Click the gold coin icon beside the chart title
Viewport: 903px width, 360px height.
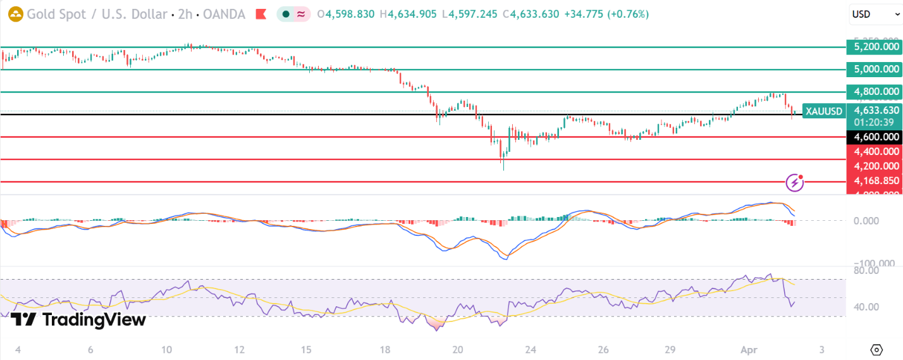(15, 14)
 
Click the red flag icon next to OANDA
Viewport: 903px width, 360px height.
(261, 14)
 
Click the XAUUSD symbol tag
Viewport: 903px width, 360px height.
(824, 111)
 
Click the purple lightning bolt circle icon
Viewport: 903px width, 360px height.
(794, 183)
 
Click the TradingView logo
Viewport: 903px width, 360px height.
(78, 320)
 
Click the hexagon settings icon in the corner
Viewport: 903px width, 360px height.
(876, 349)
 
